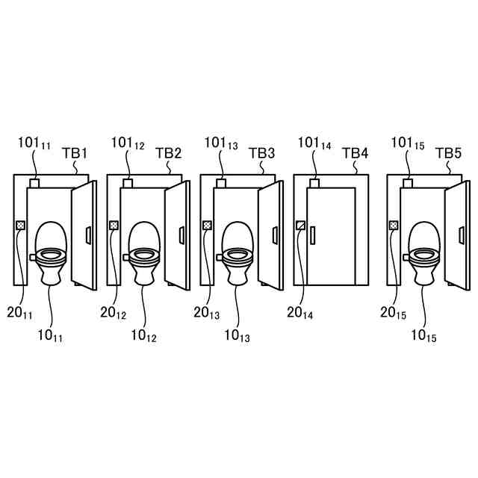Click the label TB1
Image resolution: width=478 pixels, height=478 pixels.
pyautogui.click(x=75, y=153)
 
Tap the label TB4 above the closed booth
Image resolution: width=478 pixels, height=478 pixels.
pyautogui.click(x=356, y=153)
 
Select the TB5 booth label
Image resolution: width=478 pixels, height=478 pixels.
pyautogui.click(x=448, y=153)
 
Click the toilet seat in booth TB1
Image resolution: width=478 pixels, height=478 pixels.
pyautogui.click(x=50, y=254)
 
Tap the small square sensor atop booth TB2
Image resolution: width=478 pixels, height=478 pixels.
pyautogui.click(x=128, y=182)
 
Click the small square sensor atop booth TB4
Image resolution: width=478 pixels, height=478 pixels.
pyautogui.click(x=314, y=182)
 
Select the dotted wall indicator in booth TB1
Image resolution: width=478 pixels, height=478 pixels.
pyautogui.click(x=21, y=225)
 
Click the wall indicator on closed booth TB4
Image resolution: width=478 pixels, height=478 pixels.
pyautogui.click(x=301, y=225)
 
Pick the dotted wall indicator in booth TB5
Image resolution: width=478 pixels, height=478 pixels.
pyautogui.click(x=394, y=225)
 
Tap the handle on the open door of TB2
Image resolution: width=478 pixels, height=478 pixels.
pyautogui.click(x=182, y=235)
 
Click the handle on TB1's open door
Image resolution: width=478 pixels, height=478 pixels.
pyautogui.click(x=89, y=235)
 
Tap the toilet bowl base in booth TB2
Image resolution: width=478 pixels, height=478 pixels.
pyautogui.click(x=143, y=275)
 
